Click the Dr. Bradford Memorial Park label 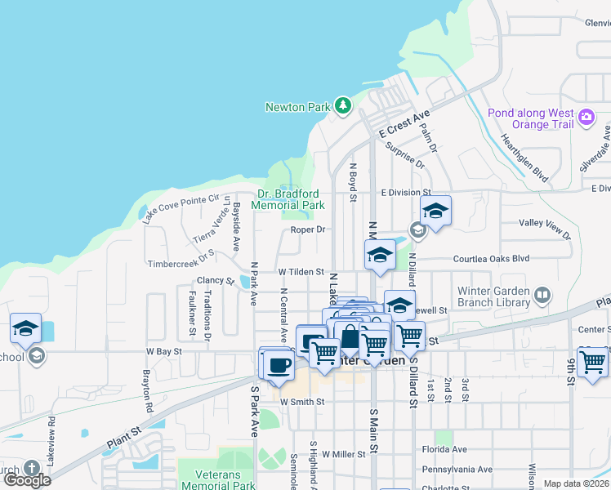291,199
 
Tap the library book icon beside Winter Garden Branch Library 542,294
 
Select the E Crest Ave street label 404,125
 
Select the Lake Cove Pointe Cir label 181,209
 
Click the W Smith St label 301,402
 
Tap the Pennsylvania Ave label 457,470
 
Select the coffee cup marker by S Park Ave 278,363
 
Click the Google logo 27,480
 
